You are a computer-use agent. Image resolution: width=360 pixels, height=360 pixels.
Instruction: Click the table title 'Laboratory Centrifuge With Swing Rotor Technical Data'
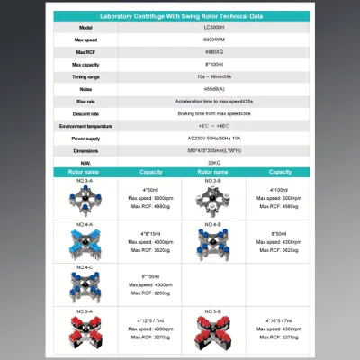coord(180,16)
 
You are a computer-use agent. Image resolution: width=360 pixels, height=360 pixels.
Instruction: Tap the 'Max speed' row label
coord(85,41)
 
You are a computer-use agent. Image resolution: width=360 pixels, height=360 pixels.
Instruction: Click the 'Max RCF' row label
coord(85,53)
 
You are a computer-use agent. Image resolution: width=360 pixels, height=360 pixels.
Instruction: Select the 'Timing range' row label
coord(85,78)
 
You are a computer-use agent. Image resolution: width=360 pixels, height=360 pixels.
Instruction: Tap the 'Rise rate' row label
coord(85,103)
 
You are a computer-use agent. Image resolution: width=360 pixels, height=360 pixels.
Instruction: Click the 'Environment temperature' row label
coord(85,127)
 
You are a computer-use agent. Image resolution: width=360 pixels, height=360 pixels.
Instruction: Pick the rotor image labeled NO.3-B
coord(213,198)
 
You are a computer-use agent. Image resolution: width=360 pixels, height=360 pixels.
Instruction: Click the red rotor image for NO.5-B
coord(213,332)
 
